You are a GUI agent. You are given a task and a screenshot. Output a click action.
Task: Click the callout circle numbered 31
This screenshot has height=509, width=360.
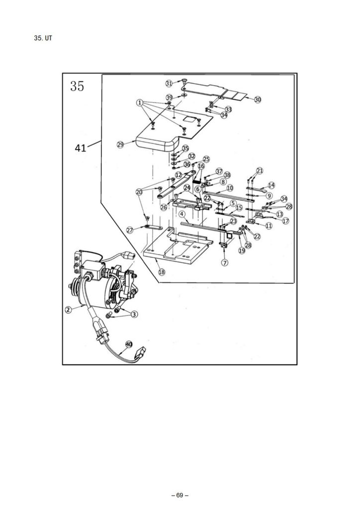point(169,84)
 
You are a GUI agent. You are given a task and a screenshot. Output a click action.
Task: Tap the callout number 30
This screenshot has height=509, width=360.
point(258,99)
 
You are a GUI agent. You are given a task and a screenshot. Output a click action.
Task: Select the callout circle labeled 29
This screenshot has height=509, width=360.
point(120,145)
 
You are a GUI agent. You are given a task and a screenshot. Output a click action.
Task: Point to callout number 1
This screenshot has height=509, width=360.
point(140,103)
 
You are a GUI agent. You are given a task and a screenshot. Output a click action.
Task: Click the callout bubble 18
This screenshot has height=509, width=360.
point(162,272)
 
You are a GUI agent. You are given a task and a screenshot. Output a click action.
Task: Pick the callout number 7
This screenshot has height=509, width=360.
point(225,262)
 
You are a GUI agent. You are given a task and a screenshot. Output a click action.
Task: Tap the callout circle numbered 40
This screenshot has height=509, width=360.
point(129,344)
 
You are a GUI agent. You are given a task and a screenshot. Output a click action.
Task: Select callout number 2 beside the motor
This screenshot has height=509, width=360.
point(68,310)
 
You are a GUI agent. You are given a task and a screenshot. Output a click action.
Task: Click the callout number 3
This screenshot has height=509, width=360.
point(134,314)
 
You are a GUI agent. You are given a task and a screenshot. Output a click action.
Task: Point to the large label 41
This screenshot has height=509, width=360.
point(80,148)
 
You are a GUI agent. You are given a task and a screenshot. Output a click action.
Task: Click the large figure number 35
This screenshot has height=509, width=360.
point(77,86)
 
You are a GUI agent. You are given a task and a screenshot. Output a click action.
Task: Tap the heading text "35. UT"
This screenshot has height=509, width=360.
point(43,38)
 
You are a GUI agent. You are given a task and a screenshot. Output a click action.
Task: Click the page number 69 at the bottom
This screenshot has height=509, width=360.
point(180,496)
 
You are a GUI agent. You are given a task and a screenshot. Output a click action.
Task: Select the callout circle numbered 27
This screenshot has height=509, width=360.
point(130,230)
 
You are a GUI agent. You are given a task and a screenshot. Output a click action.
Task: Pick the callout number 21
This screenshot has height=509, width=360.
point(260,171)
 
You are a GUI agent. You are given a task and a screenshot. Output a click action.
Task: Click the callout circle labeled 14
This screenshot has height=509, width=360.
point(271,185)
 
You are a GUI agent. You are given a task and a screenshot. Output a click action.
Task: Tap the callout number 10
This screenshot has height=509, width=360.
point(230,188)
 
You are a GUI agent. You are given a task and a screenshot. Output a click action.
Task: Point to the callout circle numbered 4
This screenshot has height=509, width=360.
point(182,214)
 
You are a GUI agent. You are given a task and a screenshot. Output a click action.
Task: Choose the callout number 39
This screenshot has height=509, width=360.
point(169,98)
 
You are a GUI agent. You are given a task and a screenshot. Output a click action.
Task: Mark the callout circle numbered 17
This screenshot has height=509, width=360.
point(285,221)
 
